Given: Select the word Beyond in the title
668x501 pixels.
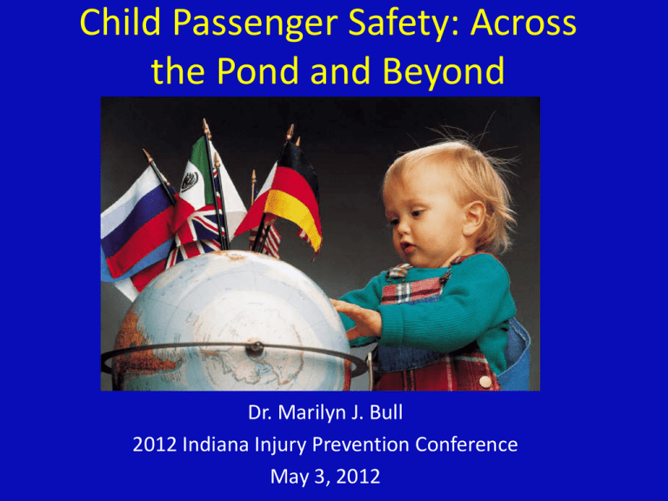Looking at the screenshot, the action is (x=444, y=71).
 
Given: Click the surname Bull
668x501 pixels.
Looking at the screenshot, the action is (x=386, y=412).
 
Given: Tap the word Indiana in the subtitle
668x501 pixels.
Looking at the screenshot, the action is (x=216, y=444).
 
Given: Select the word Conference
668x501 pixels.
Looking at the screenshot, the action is (x=466, y=444).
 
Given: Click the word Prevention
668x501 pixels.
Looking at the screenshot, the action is (x=361, y=444).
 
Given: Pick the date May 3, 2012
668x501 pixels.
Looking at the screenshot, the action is (x=325, y=477).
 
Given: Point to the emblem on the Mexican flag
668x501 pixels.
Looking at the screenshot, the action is (x=189, y=182).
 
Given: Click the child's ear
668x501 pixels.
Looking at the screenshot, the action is (x=474, y=218).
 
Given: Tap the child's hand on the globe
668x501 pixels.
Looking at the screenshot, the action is (x=357, y=318).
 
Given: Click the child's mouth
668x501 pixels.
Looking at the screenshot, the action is (x=407, y=248).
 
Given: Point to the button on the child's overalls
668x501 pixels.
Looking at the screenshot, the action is (x=485, y=381).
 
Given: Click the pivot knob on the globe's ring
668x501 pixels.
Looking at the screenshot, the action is (x=254, y=348).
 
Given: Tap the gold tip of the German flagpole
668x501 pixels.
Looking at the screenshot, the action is (x=291, y=131).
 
